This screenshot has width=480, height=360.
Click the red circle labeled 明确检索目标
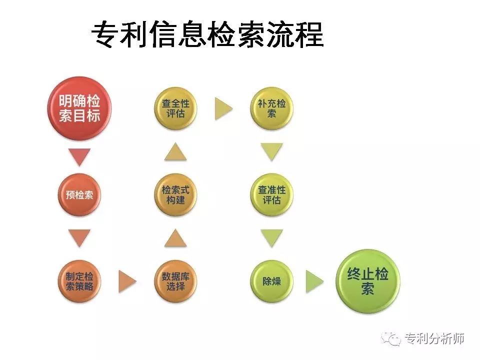[x=79, y=108]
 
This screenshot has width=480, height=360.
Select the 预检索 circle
[x=79, y=194]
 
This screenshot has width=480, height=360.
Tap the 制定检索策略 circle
[x=79, y=281]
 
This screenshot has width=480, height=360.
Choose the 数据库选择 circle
[x=175, y=281]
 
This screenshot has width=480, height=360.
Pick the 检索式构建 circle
[x=175, y=194]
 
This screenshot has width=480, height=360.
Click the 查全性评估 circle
[x=175, y=108]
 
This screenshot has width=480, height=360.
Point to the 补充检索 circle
[x=271, y=108]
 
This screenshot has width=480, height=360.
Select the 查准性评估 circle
[x=271, y=194]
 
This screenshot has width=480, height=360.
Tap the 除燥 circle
[x=271, y=281]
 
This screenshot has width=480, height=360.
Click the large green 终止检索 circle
[x=367, y=281]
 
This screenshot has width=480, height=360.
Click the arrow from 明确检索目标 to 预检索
[x=79, y=157]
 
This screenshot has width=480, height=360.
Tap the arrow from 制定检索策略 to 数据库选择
[x=127, y=281]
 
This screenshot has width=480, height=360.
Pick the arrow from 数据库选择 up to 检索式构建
[x=175, y=238]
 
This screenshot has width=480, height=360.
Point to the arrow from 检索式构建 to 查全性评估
[x=175, y=151]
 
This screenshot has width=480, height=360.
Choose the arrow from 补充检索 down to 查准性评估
[x=271, y=152]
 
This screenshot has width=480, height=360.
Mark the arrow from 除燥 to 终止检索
[x=314, y=281]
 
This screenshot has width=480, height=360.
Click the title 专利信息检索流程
[x=207, y=34]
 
